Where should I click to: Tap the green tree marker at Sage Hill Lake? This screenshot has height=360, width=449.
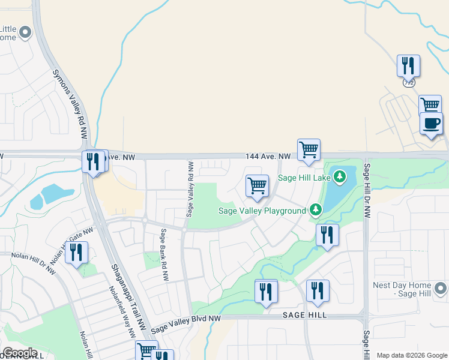[340, 176]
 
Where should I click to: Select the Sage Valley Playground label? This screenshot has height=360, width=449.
[262, 211]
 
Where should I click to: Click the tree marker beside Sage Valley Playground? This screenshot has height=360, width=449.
[316, 210]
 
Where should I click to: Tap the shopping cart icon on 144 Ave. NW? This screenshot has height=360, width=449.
[309, 150]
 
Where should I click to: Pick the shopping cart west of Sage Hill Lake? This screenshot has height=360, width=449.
[257, 187]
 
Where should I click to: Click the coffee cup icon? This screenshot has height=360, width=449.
[431, 124]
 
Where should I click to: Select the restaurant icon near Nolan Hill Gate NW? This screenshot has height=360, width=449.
[76, 253]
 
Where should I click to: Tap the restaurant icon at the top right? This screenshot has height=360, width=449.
[408, 66]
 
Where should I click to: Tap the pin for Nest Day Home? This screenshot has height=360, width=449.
[441, 289]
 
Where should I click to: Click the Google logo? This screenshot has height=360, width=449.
[20, 353]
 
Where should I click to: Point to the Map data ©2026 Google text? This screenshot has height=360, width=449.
[411, 355]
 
